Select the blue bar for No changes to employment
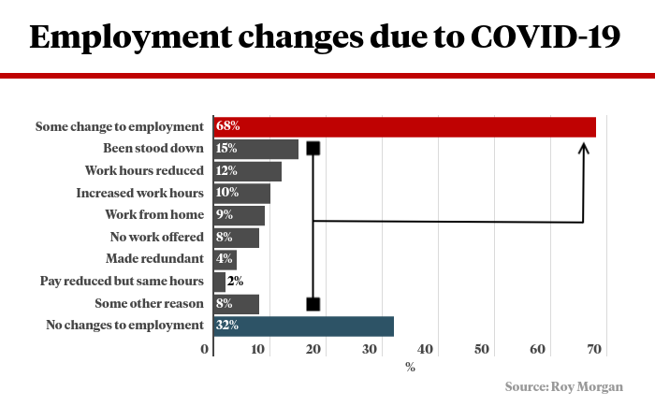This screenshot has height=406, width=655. tap(303, 326)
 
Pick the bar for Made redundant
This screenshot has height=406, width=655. tap(225, 259)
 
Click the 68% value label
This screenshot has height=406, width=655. tap(227, 126)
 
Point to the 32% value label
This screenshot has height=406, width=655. tap(227, 326)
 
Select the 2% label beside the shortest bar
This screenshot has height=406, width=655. tap(235, 281)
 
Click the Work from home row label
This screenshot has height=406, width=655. tap(156, 215)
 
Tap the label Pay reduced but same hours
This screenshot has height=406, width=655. tap(122, 281)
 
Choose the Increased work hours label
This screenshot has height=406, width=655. tap(139, 193)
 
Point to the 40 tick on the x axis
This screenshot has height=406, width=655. tap(428, 350)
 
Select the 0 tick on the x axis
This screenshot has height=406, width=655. tap(206, 350)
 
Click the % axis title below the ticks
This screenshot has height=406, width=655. tap(410, 367)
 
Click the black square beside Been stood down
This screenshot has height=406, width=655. tap(313, 148)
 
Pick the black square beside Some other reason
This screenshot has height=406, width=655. tap(313, 304)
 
